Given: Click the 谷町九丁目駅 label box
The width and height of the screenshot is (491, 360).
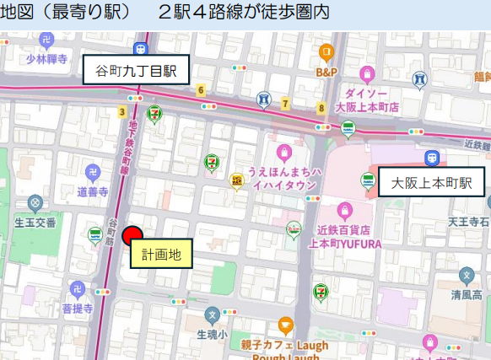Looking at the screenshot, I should (x=135, y=70).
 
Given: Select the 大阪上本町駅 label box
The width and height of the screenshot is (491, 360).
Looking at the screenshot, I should (x=431, y=182).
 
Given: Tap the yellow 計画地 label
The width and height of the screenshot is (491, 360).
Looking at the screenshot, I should (x=161, y=253).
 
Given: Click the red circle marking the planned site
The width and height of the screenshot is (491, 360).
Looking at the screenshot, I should (x=132, y=236).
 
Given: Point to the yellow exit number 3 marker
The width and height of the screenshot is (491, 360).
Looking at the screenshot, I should (x=123, y=111).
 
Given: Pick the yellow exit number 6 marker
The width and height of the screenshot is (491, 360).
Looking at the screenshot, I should (x=201, y=90).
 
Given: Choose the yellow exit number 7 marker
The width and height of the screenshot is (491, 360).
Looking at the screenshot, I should (x=286, y=104).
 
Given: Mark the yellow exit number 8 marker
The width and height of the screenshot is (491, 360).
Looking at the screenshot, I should (x=321, y=108).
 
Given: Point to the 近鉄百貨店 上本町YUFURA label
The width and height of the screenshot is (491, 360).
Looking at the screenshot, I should (x=344, y=237).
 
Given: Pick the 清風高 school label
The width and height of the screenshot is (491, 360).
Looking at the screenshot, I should (x=467, y=295).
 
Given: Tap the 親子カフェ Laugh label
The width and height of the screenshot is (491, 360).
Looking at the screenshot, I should (x=286, y=346).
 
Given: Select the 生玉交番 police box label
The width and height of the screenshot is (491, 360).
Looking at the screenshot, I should (x=35, y=222).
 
